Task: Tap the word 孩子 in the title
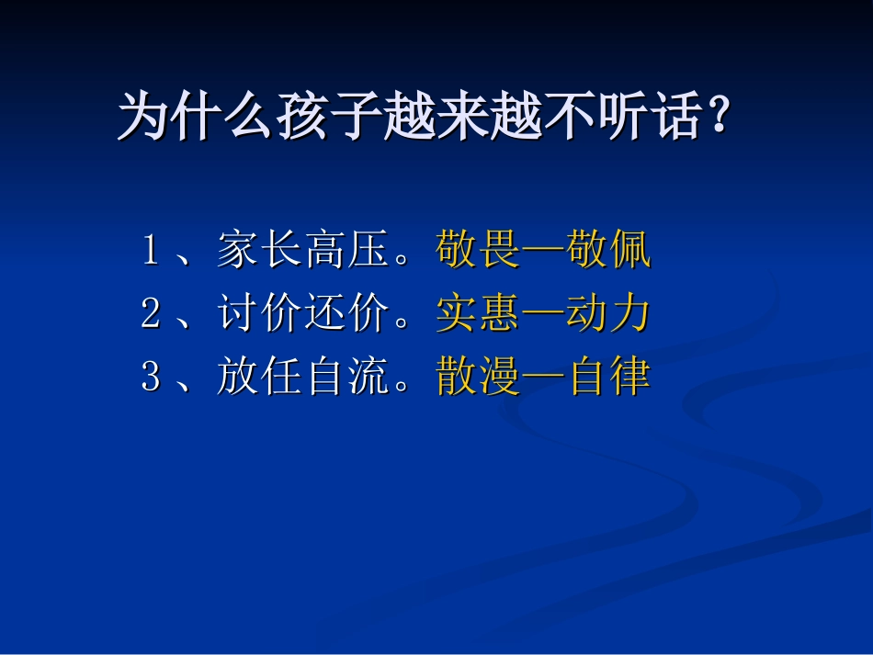coord(327,117)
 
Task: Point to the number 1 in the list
coord(152,251)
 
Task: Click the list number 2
coord(152,314)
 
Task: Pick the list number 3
coord(152,378)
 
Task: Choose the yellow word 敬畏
coord(478,251)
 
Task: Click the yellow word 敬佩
coord(608,251)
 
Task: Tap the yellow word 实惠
coord(478,314)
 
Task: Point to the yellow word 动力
coord(608,314)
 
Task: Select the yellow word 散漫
coord(478,378)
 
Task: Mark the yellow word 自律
coord(608,378)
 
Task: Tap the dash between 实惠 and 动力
coord(543,315)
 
